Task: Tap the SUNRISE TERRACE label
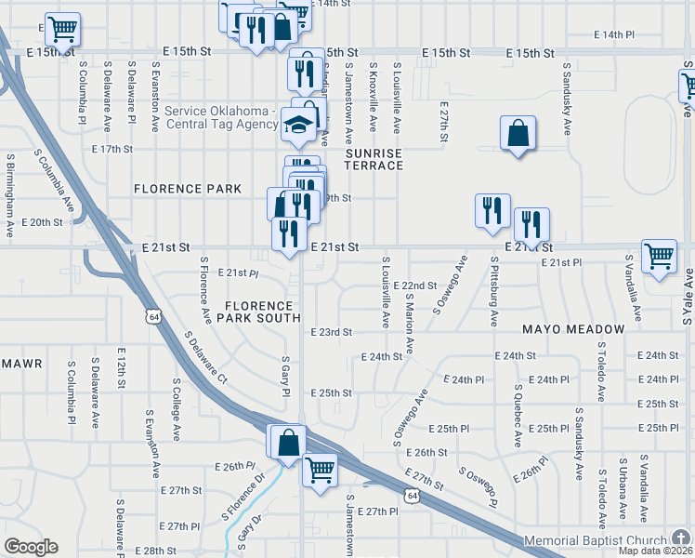(x=374, y=159)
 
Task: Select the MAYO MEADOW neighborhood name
(x=572, y=330)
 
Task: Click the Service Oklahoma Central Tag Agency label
(x=220, y=117)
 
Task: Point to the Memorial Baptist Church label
(x=596, y=540)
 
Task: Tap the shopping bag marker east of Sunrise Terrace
(x=518, y=134)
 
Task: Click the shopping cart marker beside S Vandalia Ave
(x=659, y=254)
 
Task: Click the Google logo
(x=30, y=547)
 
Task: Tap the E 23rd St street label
(x=332, y=332)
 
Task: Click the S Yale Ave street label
(x=688, y=297)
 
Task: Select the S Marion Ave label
(x=410, y=323)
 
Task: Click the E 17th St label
(x=112, y=149)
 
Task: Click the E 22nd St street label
(x=414, y=286)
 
